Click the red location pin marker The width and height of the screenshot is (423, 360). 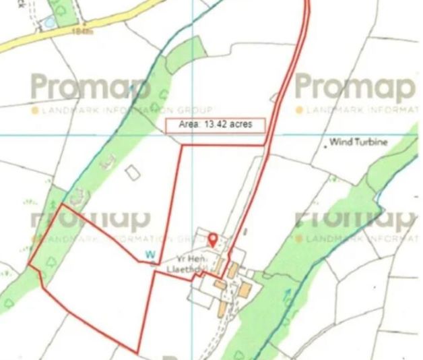213,239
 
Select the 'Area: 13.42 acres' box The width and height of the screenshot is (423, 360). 214,125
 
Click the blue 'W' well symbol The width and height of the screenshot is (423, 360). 150,254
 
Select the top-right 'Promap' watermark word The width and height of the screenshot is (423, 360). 354,87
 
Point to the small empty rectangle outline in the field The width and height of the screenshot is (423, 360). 133,173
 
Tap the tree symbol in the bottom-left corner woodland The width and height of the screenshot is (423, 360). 9,303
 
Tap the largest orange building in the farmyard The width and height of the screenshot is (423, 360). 245,291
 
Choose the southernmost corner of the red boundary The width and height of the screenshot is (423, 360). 139,352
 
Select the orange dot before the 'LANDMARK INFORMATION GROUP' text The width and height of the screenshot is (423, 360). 33,109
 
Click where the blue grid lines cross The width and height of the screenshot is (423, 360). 193,134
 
